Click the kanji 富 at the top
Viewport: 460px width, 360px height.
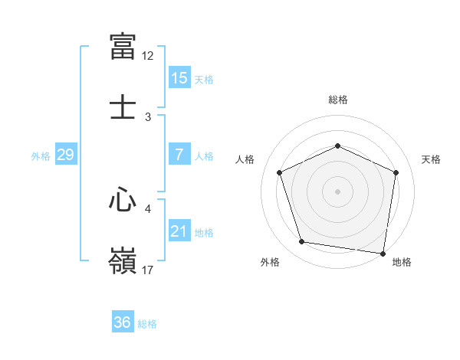pyautogui.click(x=123, y=46)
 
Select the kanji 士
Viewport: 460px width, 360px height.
pyautogui.click(x=123, y=107)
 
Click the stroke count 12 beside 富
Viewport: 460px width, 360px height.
pyautogui.click(x=148, y=56)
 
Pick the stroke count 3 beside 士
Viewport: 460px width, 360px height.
pyautogui.click(x=148, y=117)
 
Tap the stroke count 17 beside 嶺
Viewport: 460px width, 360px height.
pyautogui.click(x=148, y=270)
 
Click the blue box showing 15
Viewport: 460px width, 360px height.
pyautogui.click(x=179, y=78)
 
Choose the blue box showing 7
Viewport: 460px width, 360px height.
pyautogui.click(x=179, y=155)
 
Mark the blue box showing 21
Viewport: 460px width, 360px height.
pyautogui.click(x=179, y=231)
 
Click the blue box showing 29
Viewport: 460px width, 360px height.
pyautogui.click(x=65, y=155)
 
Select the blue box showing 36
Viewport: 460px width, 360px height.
pyautogui.click(x=123, y=322)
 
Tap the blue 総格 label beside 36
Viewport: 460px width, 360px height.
pyautogui.click(x=147, y=324)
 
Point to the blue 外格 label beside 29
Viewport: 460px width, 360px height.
pyautogui.click(x=41, y=156)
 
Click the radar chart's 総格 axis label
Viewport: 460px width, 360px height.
pyautogui.click(x=337, y=100)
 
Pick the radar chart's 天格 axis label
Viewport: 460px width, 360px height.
pyautogui.click(x=432, y=159)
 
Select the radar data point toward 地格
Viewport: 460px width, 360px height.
pyautogui.click(x=383, y=253)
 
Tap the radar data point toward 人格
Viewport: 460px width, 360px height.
pyautogui.click(x=279, y=172)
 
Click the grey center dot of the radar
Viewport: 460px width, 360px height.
pyautogui.click(x=337, y=191)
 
